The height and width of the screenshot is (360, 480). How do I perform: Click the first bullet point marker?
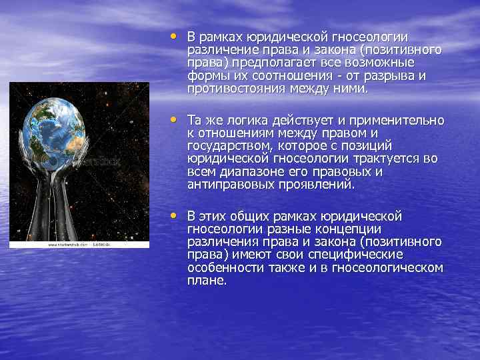pos(175,35)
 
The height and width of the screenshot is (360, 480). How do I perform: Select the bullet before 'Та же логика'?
pos(175,119)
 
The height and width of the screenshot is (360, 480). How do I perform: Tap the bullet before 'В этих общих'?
pos(175,214)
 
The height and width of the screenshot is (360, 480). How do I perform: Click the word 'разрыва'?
pos(389,76)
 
